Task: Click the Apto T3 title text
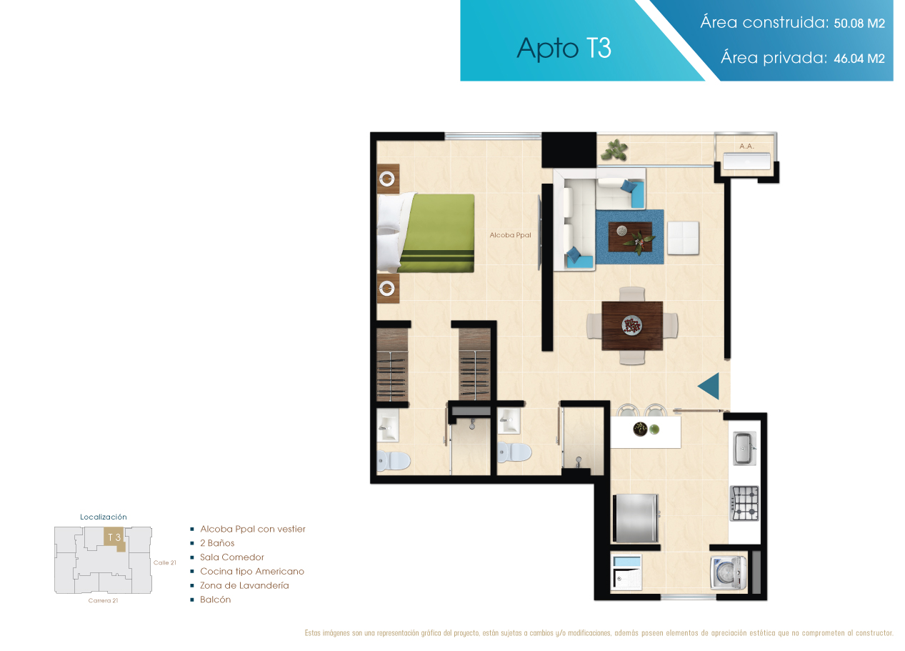click(564, 49)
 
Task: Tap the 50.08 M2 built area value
click(859, 23)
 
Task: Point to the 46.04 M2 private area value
click(859, 58)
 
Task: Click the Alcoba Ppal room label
click(510, 235)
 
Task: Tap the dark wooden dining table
click(632, 326)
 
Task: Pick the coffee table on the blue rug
click(630, 237)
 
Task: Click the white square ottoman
click(683, 238)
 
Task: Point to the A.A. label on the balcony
click(746, 146)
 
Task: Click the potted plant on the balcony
click(614, 150)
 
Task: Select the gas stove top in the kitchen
click(744, 502)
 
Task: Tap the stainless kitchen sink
click(744, 448)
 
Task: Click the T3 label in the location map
click(114, 537)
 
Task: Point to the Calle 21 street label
click(165, 562)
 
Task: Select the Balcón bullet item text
click(215, 600)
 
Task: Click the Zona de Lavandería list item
click(244, 585)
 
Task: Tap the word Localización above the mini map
click(104, 517)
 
